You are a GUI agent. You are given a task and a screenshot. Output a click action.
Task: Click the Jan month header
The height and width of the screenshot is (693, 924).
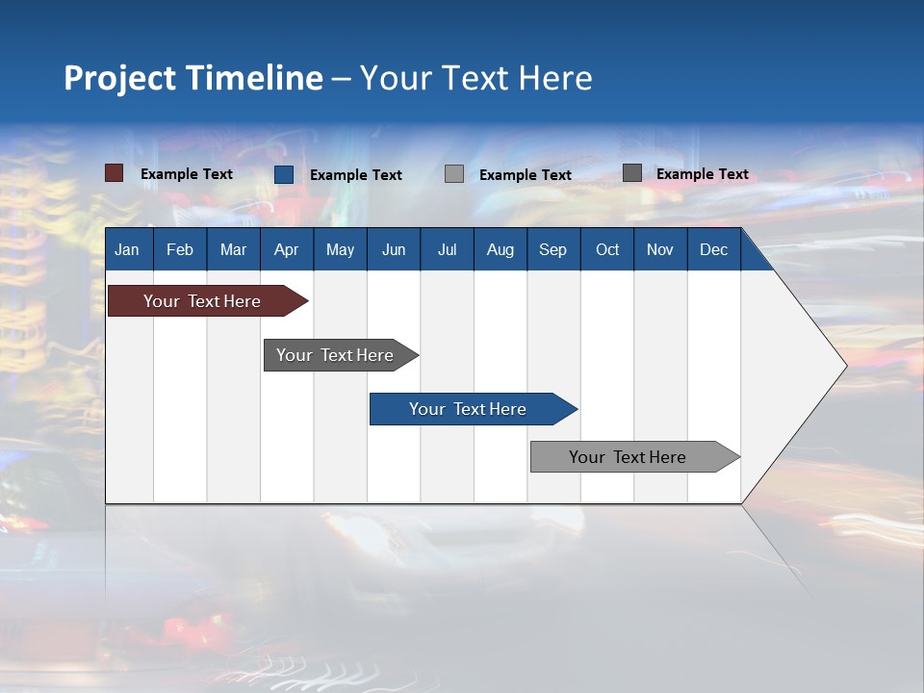coord(127,249)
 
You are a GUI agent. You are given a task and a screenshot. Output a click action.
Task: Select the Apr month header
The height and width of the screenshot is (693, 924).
coord(286,249)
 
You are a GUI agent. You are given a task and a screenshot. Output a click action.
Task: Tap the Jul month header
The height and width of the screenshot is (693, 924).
coord(447,249)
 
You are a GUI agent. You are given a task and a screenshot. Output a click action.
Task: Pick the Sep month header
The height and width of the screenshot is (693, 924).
coord(552,249)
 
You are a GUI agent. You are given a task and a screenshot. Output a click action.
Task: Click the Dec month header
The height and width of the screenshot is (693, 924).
coord(713,249)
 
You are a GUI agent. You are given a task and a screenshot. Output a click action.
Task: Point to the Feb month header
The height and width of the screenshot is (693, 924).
coord(180,249)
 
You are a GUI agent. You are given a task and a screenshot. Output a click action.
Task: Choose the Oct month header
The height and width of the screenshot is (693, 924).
coord(607,249)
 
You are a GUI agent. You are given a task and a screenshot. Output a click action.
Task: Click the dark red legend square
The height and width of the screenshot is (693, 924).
coord(114,173)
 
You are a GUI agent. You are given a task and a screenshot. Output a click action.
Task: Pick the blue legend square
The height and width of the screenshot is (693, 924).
coord(283,174)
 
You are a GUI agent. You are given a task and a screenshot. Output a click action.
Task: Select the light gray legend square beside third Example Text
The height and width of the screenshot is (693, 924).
coord(454,173)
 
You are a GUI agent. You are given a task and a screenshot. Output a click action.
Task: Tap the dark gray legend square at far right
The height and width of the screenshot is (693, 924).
coord(631,173)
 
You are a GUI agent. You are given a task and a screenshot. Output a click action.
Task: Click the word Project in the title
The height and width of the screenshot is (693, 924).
coord(120,78)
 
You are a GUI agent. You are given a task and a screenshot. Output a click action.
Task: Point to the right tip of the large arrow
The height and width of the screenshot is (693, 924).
coord(844,366)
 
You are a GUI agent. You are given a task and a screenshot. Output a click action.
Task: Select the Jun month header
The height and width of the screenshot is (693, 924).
coord(394,249)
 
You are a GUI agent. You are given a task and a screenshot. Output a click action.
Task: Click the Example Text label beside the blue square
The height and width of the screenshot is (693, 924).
coord(355,175)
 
